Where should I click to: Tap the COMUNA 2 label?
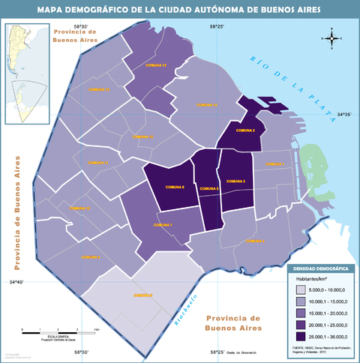(x=245, y=131)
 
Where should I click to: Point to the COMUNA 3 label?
(x=236, y=182)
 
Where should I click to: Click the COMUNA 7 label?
(x=163, y=225)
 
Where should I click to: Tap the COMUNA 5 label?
(x=207, y=189)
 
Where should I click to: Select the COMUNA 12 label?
(x=99, y=89)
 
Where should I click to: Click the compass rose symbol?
(x=333, y=37)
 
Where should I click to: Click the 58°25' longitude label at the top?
(x=217, y=27)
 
